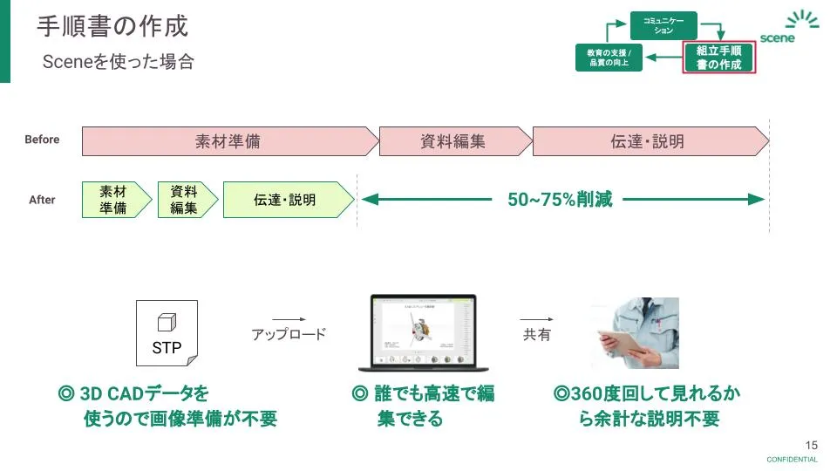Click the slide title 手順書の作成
pos(112,26)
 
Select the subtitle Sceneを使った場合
pos(119,62)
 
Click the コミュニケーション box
pos(663,25)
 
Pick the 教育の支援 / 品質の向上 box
pos(609,58)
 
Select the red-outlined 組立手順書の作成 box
pos(718,58)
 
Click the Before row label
pos(42,140)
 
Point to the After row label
pos(42,200)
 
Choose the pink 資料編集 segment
pos(453,140)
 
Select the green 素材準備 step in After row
pos(113,200)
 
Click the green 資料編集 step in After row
pos(184,200)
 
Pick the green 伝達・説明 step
pos(286,200)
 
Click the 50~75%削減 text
pos(560,200)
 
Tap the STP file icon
pos(167,333)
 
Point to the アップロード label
pos(289,334)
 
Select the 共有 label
pos(537,334)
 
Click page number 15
pos(812,444)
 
